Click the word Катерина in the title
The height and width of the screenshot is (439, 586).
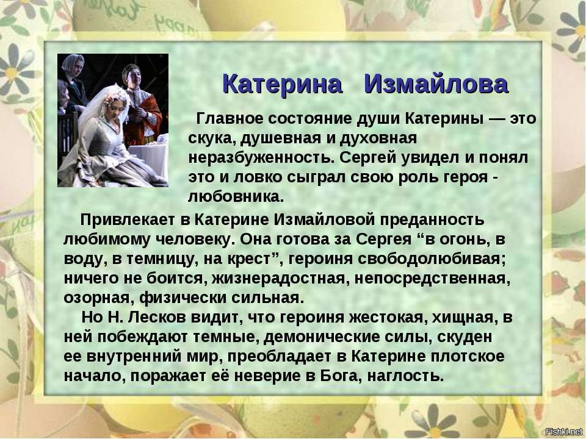282,84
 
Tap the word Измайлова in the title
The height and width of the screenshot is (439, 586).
436,84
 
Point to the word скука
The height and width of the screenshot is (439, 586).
212,139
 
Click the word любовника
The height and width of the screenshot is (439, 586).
236,196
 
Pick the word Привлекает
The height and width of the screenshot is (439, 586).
127,220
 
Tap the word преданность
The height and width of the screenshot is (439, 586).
432,220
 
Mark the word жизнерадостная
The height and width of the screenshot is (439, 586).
278,278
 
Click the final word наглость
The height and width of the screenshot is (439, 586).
405,376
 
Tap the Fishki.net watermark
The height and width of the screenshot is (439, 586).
564,432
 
